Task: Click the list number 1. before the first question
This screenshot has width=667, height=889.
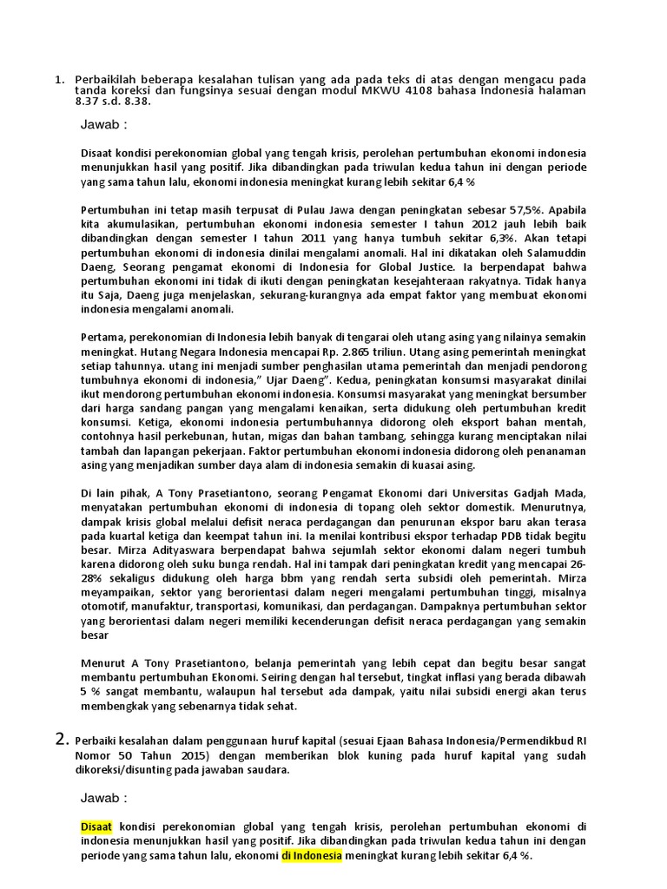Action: point(59,80)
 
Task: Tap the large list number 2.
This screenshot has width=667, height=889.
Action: point(61,740)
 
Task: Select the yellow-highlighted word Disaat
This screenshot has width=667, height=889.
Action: point(97,825)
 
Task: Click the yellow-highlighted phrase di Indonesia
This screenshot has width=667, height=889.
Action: point(311,856)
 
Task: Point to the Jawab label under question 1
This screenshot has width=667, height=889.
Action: point(103,124)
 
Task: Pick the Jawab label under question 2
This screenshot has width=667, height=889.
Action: point(103,797)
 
